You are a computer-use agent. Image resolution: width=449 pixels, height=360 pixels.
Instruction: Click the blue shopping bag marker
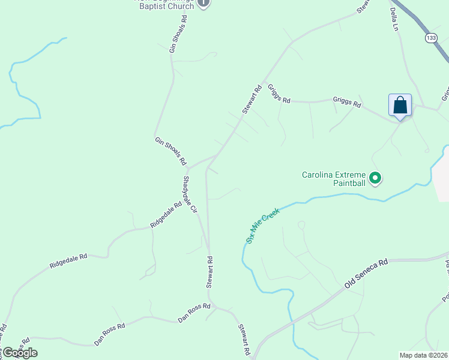pyautogui.click(x=400, y=106)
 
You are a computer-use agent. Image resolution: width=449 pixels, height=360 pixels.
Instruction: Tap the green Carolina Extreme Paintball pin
pyautogui.click(x=375, y=178)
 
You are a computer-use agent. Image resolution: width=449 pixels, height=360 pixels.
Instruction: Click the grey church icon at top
pyautogui.click(x=203, y=2)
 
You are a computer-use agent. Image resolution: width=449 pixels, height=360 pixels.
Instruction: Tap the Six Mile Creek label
pyautogui.click(x=263, y=225)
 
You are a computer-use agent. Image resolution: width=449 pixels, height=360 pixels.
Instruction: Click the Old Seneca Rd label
pyautogui.click(x=367, y=274)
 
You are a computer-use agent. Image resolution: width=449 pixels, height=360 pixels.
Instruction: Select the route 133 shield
pyautogui.click(x=430, y=38)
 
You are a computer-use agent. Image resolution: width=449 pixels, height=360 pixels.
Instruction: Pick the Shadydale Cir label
pyautogui.click(x=190, y=194)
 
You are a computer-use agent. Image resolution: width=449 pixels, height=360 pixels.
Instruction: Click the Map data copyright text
pyautogui.click(x=424, y=355)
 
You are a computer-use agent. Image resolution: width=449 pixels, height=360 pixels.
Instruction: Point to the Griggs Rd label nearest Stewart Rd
pyautogui.click(x=279, y=94)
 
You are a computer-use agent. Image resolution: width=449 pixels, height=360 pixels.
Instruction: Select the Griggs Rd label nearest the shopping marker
pyautogui.click(x=348, y=103)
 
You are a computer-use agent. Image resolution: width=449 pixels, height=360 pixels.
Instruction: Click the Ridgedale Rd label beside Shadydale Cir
pyautogui.click(x=166, y=215)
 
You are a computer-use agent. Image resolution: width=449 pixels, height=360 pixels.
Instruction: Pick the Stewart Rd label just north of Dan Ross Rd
pyautogui.click(x=210, y=272)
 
